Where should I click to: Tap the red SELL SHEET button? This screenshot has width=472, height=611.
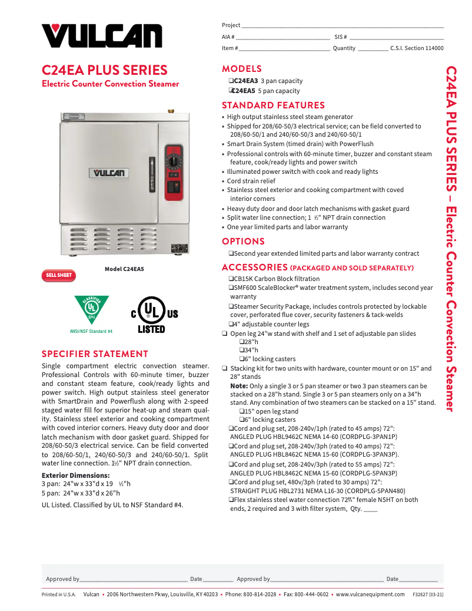click(58, 275)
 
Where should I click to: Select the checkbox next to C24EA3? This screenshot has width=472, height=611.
click(231, 81)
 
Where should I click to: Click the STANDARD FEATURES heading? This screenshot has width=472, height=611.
click(273, 105)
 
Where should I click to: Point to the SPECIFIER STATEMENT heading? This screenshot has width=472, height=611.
click(95, 354)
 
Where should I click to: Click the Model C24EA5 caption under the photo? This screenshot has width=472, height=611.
click(124, 269)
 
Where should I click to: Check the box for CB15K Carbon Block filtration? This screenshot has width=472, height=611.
click(231, 279)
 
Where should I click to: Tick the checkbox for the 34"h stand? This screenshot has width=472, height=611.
click(241, 351)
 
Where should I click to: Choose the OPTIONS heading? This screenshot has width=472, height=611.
click(243, 242)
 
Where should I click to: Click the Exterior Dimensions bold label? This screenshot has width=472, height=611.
click(75, 475)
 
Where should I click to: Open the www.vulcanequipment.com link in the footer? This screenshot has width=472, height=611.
click(370, 595)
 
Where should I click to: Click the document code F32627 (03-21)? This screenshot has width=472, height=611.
click(428, 595)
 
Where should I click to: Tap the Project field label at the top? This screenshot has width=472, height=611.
click(231, 25)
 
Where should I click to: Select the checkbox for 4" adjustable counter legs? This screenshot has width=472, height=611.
click(231, 324)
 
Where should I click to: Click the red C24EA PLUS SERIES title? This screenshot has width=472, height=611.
click(105, 70)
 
